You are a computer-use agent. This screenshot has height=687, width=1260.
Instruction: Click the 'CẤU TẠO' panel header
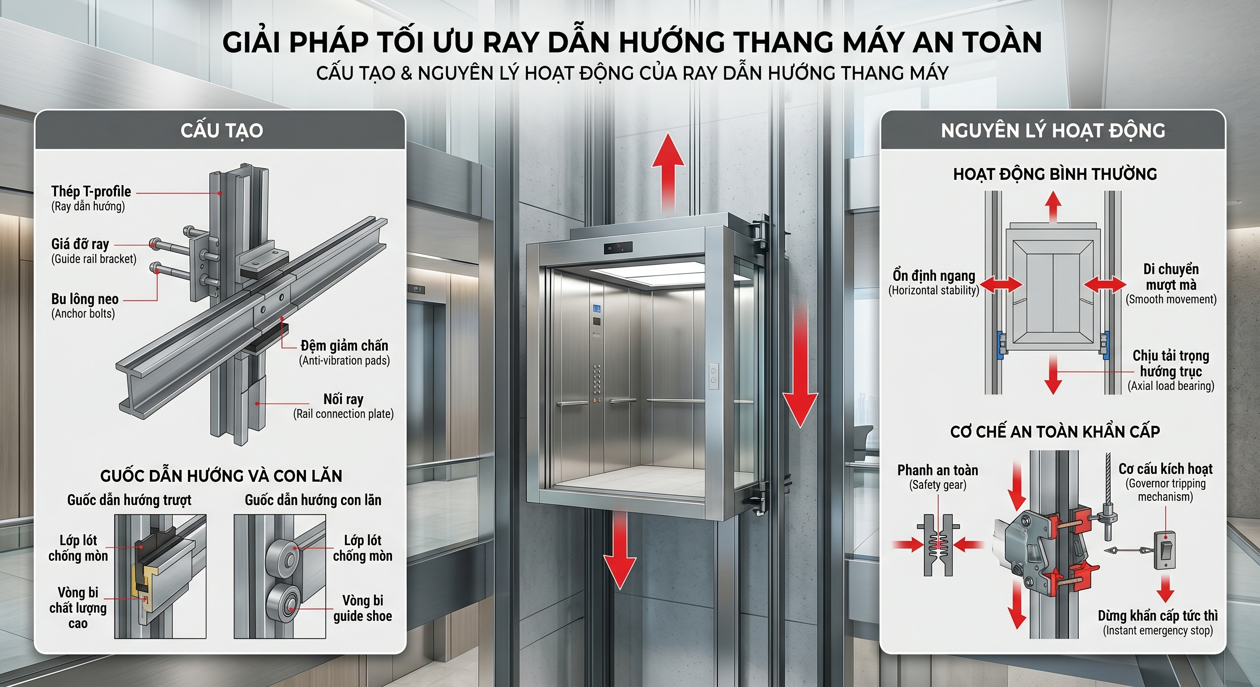[221, 131]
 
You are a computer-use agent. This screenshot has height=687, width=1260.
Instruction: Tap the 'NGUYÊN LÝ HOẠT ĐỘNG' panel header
[1052, 131]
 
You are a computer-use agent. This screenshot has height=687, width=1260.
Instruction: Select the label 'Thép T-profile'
[91, 191]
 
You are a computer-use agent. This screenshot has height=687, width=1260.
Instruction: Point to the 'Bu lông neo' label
[85, 299]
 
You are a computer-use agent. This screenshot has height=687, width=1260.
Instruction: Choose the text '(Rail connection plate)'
[343, 414]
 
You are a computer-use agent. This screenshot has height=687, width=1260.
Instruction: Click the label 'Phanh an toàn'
[937, 470]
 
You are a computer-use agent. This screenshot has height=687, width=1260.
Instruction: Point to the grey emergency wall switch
[1165, 551]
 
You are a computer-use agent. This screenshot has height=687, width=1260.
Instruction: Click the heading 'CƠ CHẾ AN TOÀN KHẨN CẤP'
[1055, 432]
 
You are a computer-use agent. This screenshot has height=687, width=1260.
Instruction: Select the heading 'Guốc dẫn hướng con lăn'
[313, 500]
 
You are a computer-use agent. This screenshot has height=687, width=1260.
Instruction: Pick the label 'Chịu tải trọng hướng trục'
[1171, 363]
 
